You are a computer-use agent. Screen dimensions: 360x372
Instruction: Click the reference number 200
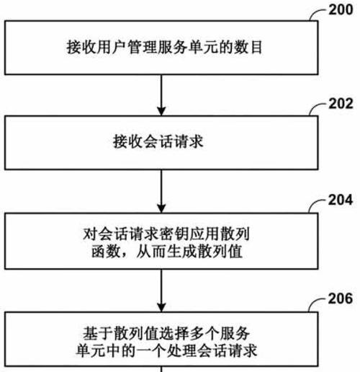point(341,10)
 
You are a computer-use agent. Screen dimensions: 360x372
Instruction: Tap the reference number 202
point(341,104)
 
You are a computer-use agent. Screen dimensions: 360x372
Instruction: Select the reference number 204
point(341,200)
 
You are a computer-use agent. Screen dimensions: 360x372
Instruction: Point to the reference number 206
point(341,298)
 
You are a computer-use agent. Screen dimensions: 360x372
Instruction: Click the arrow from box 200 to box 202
point(161,95)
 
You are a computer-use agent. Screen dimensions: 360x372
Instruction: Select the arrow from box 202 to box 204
point(161,191)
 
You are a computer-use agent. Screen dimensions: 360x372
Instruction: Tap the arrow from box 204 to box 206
point(161,291)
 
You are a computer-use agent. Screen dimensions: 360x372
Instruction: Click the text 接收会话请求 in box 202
point(158,141)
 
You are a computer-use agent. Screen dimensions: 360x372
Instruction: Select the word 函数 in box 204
point(106,252)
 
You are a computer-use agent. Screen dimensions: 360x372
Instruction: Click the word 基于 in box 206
point(98,334)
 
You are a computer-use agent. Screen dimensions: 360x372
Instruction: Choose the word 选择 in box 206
point(174,334)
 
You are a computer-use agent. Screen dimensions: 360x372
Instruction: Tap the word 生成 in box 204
point(181,252)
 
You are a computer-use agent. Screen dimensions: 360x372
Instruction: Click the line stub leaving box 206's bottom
point(161,369)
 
